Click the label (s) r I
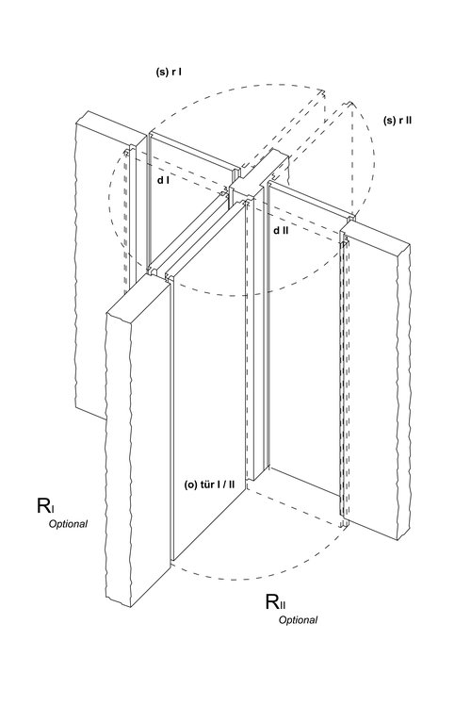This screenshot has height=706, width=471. (169, 72)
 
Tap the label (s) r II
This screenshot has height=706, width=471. (398, 121)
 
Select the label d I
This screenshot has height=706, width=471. (163, 180)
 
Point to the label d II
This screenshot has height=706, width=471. (281, 231)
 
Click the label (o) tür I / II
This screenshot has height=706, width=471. (209, 484)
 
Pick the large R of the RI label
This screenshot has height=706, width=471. (44, 505)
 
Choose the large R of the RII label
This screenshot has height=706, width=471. (272, 601)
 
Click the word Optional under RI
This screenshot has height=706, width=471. (69, 524)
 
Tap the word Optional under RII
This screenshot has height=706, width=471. (298, 620)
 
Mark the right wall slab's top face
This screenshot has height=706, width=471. (375, 233)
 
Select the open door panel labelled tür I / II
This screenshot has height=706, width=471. (208, 383)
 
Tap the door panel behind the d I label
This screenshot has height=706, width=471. (190, 203)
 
